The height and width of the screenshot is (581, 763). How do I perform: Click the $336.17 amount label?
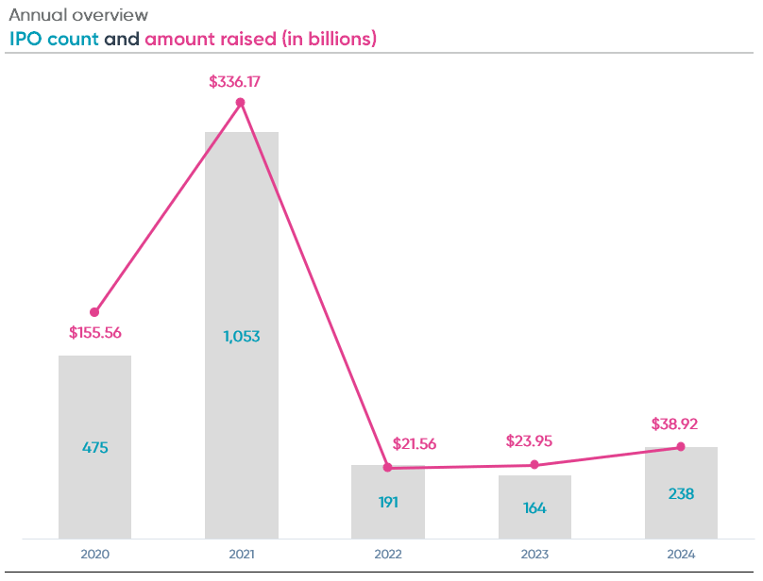click(x=234, y=82)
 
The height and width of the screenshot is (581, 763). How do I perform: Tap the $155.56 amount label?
click(x=95, y=333)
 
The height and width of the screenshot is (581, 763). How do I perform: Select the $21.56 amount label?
click(x=414, y=444)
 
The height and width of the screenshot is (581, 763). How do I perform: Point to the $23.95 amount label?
click(x=534, y=440)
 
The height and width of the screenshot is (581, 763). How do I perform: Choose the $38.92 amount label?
click(x=674, y=424)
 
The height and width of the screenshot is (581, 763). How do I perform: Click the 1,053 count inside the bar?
click(x=242, y=337)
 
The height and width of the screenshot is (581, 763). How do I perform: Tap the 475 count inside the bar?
click(x=94, y=448)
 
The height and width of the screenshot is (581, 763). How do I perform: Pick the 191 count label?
click(x=387, y=502)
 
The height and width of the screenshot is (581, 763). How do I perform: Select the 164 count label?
click(x=534, y=507)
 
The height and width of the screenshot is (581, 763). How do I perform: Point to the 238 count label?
click(x=681, y=493)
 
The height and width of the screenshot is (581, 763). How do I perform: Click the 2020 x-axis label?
click(x=94, y=555)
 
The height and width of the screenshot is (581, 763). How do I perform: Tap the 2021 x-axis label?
click(x=241, y=555)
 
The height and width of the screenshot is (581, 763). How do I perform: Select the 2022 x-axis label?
click(x=387, y=555)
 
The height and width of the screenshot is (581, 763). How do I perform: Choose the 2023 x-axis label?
click(x=534, y=555)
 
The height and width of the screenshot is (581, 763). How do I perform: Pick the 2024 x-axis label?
click(x=681, y=555)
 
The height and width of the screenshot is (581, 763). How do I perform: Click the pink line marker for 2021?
click(x=241, y=102)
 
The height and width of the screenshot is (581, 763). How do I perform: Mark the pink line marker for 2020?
click(x=94, y=312)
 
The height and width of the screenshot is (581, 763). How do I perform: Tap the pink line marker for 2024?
click(x=681, y=447)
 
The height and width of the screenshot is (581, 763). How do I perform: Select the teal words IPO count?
click(x=54, y=39)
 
